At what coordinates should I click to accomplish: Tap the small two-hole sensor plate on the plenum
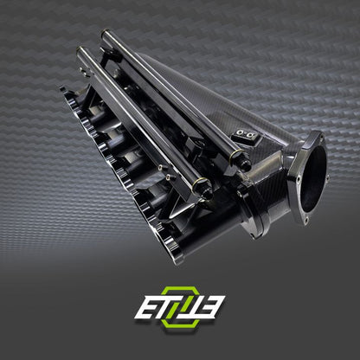[244, 136]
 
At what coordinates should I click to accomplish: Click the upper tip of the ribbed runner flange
[62, 87]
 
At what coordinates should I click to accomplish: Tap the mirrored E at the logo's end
[213, 306]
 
